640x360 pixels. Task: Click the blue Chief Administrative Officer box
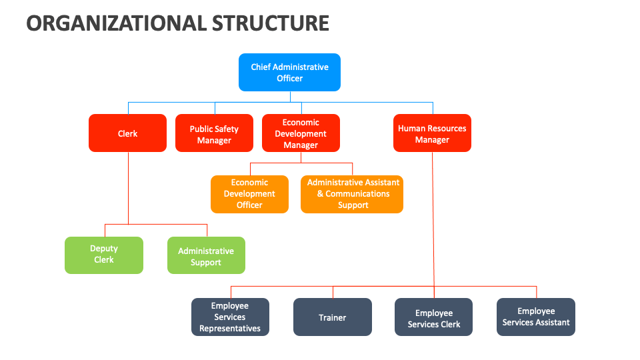click(289, 72)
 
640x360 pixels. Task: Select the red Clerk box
click(127, 133)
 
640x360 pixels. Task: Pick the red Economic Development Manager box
click(301, 133)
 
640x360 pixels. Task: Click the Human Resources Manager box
click(432, 133)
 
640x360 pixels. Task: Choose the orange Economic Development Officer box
click(249, 194)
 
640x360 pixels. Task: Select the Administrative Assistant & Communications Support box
click(352, 194)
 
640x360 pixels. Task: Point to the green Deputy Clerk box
click(103, 255)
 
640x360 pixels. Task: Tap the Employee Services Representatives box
click(230, 317)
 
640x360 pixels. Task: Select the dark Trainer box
click(332, 317)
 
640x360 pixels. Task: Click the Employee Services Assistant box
click(536, 317)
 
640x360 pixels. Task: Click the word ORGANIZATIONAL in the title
click(116, 23)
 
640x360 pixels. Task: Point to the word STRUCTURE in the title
click(271, 23)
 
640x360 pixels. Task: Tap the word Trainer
click(332, 317)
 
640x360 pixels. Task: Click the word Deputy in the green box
click(104, 249)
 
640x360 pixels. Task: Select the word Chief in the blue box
click(261, 67)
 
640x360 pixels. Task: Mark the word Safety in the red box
click(227, 129)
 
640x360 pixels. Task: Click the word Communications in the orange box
click(357, 194)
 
